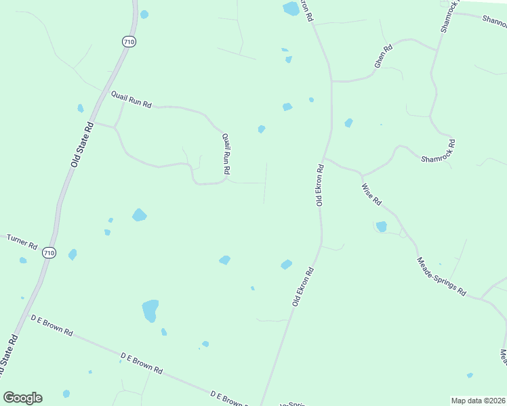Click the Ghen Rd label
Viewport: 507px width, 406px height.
383,56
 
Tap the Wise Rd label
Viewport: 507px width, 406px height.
372,194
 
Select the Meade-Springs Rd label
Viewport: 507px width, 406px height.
441,276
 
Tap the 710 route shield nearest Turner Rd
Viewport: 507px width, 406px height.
48,252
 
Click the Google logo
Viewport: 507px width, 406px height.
22,397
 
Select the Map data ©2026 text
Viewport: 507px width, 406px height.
478,401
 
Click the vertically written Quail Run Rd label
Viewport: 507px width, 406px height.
226,154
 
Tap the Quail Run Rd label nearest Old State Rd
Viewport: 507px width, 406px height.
131,101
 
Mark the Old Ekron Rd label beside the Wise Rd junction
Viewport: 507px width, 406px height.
319,183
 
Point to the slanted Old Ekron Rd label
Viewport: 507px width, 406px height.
303,286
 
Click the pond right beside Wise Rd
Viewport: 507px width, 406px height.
382,227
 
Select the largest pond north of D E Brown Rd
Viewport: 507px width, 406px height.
150,311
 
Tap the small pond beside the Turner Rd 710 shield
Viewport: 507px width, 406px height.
72,254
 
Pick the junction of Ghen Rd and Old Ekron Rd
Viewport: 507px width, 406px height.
331,81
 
